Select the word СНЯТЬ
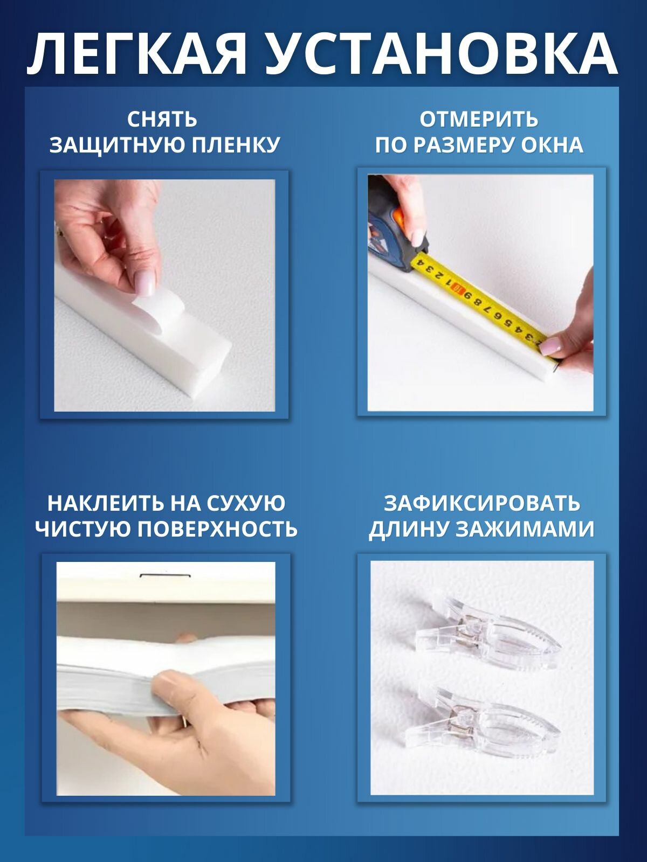click(x=162, y=120)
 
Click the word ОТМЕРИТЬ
click(x=479, y=120)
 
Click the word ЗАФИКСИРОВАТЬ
click(x=481, y=503)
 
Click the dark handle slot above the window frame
click(x=161, y=576)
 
